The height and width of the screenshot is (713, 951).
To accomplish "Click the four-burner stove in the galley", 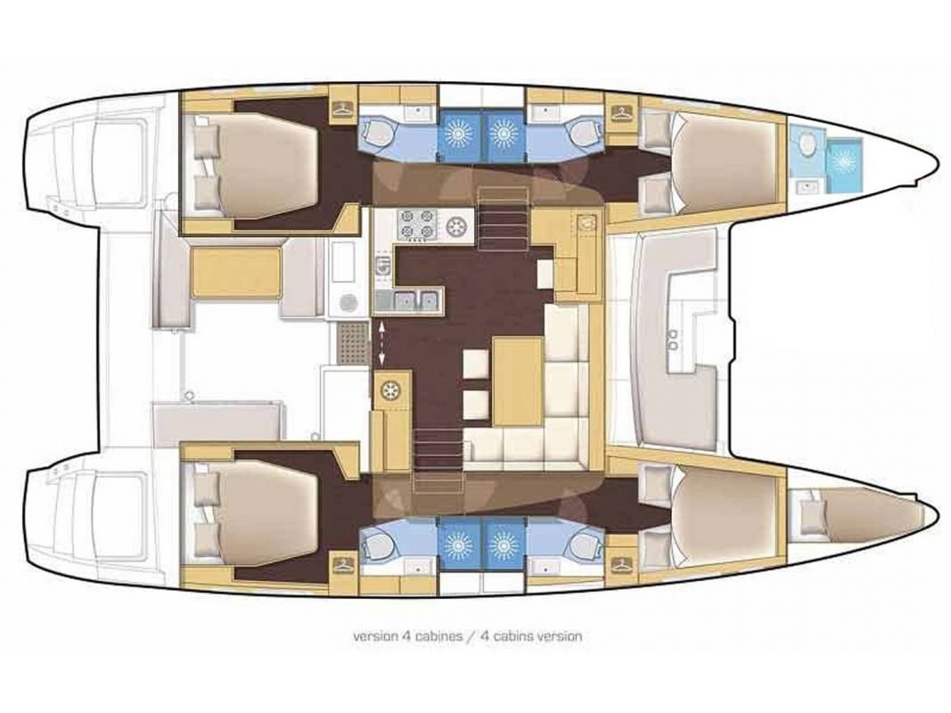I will click(417, 224).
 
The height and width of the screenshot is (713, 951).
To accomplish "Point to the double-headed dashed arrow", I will click(383, 343).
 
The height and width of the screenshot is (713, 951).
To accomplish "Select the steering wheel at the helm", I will click(390, 390).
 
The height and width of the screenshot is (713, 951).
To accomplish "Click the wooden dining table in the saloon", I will click(518, 381).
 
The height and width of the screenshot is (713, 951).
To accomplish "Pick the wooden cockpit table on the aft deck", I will click(236, 272).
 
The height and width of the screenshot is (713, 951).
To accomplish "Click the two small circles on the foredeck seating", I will click(671, 336).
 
